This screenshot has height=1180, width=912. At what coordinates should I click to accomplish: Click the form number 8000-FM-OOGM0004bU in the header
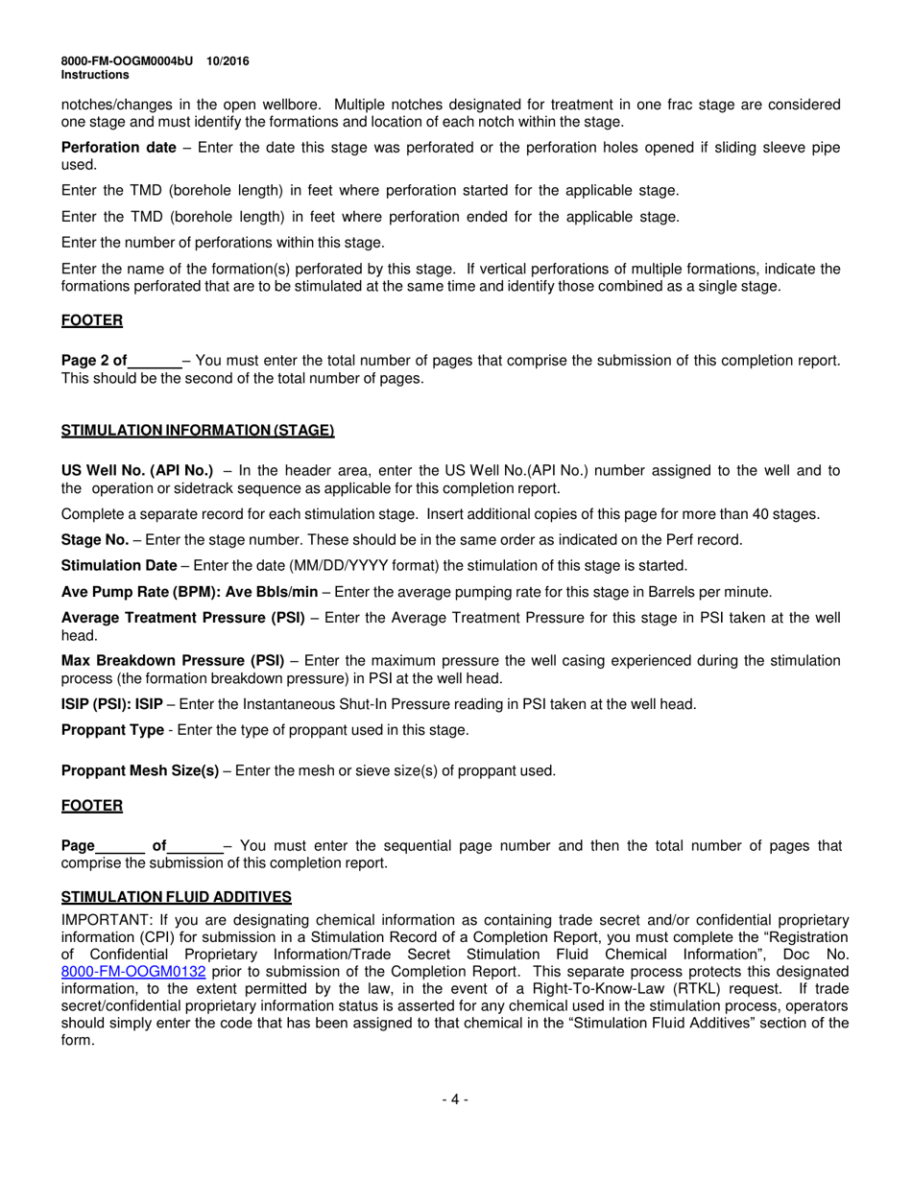click(125, 60)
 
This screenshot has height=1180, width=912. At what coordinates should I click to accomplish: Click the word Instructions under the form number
click(95, 74)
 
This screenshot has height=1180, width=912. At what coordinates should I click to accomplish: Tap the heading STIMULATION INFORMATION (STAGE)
click(198, 431)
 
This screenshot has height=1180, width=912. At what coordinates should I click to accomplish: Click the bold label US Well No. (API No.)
click(137, 470)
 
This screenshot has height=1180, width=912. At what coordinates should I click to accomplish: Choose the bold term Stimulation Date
click(119, 566)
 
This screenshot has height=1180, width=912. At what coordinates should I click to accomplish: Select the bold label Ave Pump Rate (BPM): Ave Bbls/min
click(189, 592)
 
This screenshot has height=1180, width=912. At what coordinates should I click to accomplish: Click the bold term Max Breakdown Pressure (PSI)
click(173, 661)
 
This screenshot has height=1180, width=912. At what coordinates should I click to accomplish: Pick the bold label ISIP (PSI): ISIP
click(111, 704)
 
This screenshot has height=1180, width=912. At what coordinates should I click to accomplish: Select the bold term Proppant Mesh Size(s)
click(140, 770)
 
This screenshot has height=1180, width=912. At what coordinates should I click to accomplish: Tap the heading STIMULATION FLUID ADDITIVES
click(177, 897)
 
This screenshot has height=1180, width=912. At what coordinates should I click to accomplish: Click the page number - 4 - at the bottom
click(455, 1099)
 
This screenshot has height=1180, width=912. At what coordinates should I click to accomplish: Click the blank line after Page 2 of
click(155, 362)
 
